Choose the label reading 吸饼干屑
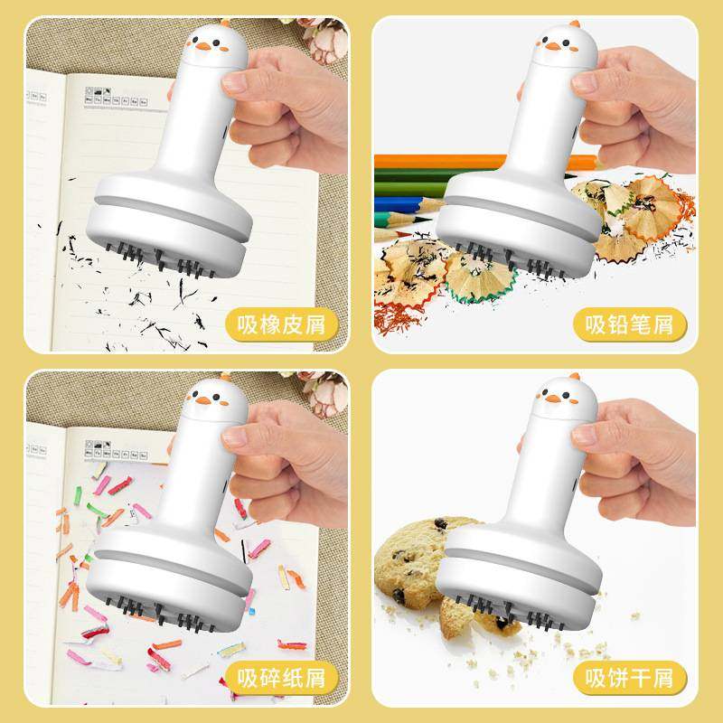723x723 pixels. [628, 676]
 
